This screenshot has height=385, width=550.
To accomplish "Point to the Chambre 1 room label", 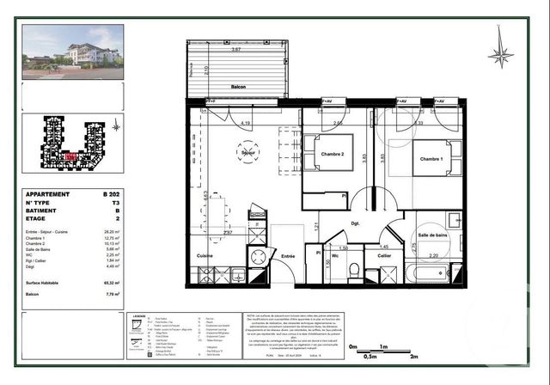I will click(x=432, y=159).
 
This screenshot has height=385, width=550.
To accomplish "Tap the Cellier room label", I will click(x=384, y=255).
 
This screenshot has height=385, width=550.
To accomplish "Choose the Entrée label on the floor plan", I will click(x=288, y=255).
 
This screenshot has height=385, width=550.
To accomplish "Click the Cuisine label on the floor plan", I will click(x=205, y=255).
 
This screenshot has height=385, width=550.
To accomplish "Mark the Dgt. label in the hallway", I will click(x=354, y=223).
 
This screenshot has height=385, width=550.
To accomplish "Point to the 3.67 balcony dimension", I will click(x=224, y=50).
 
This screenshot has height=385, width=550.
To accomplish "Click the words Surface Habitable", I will click(x=45, y=283).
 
